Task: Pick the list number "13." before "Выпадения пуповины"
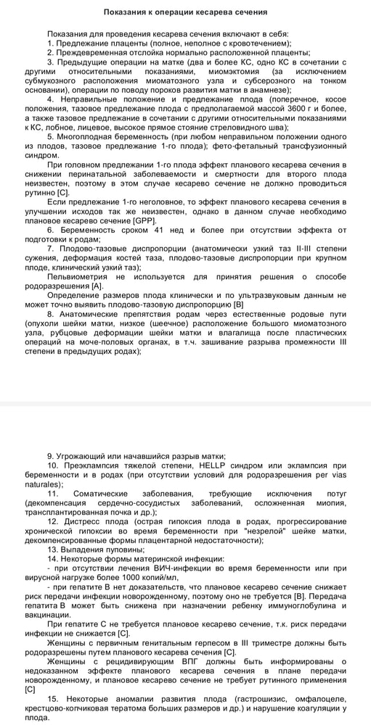click(x=54, y=549)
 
